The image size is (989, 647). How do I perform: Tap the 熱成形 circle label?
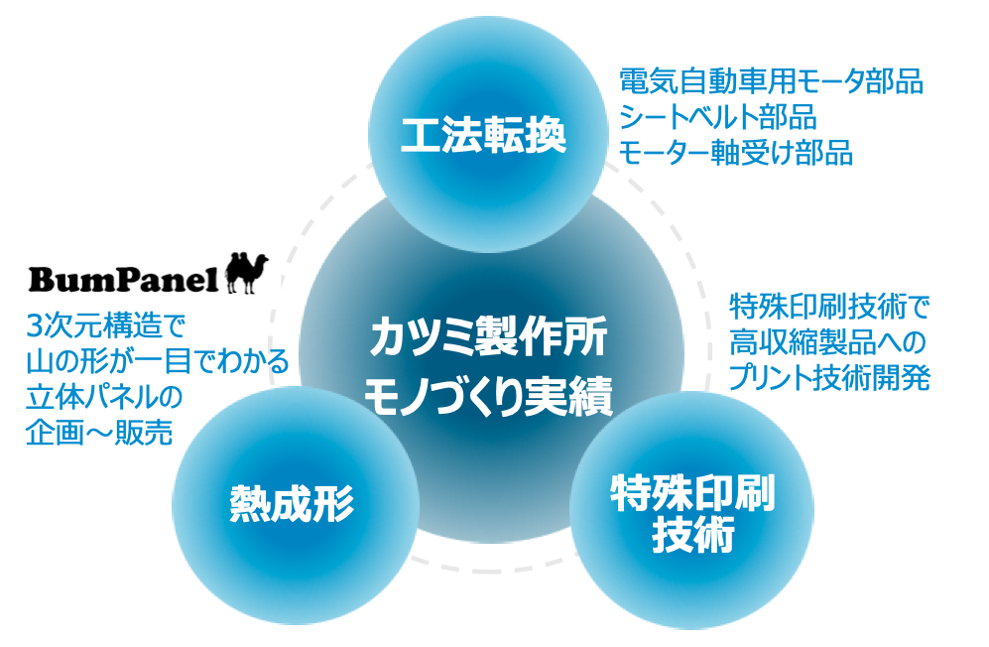point(292,505)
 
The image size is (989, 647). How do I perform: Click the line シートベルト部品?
point(718,117)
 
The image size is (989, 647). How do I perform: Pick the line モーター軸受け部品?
point(736,153)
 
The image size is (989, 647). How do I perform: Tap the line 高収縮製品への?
point(827,343)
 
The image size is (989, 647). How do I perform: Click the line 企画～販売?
point(97,433)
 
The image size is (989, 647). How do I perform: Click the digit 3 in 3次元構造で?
point(37,326)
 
